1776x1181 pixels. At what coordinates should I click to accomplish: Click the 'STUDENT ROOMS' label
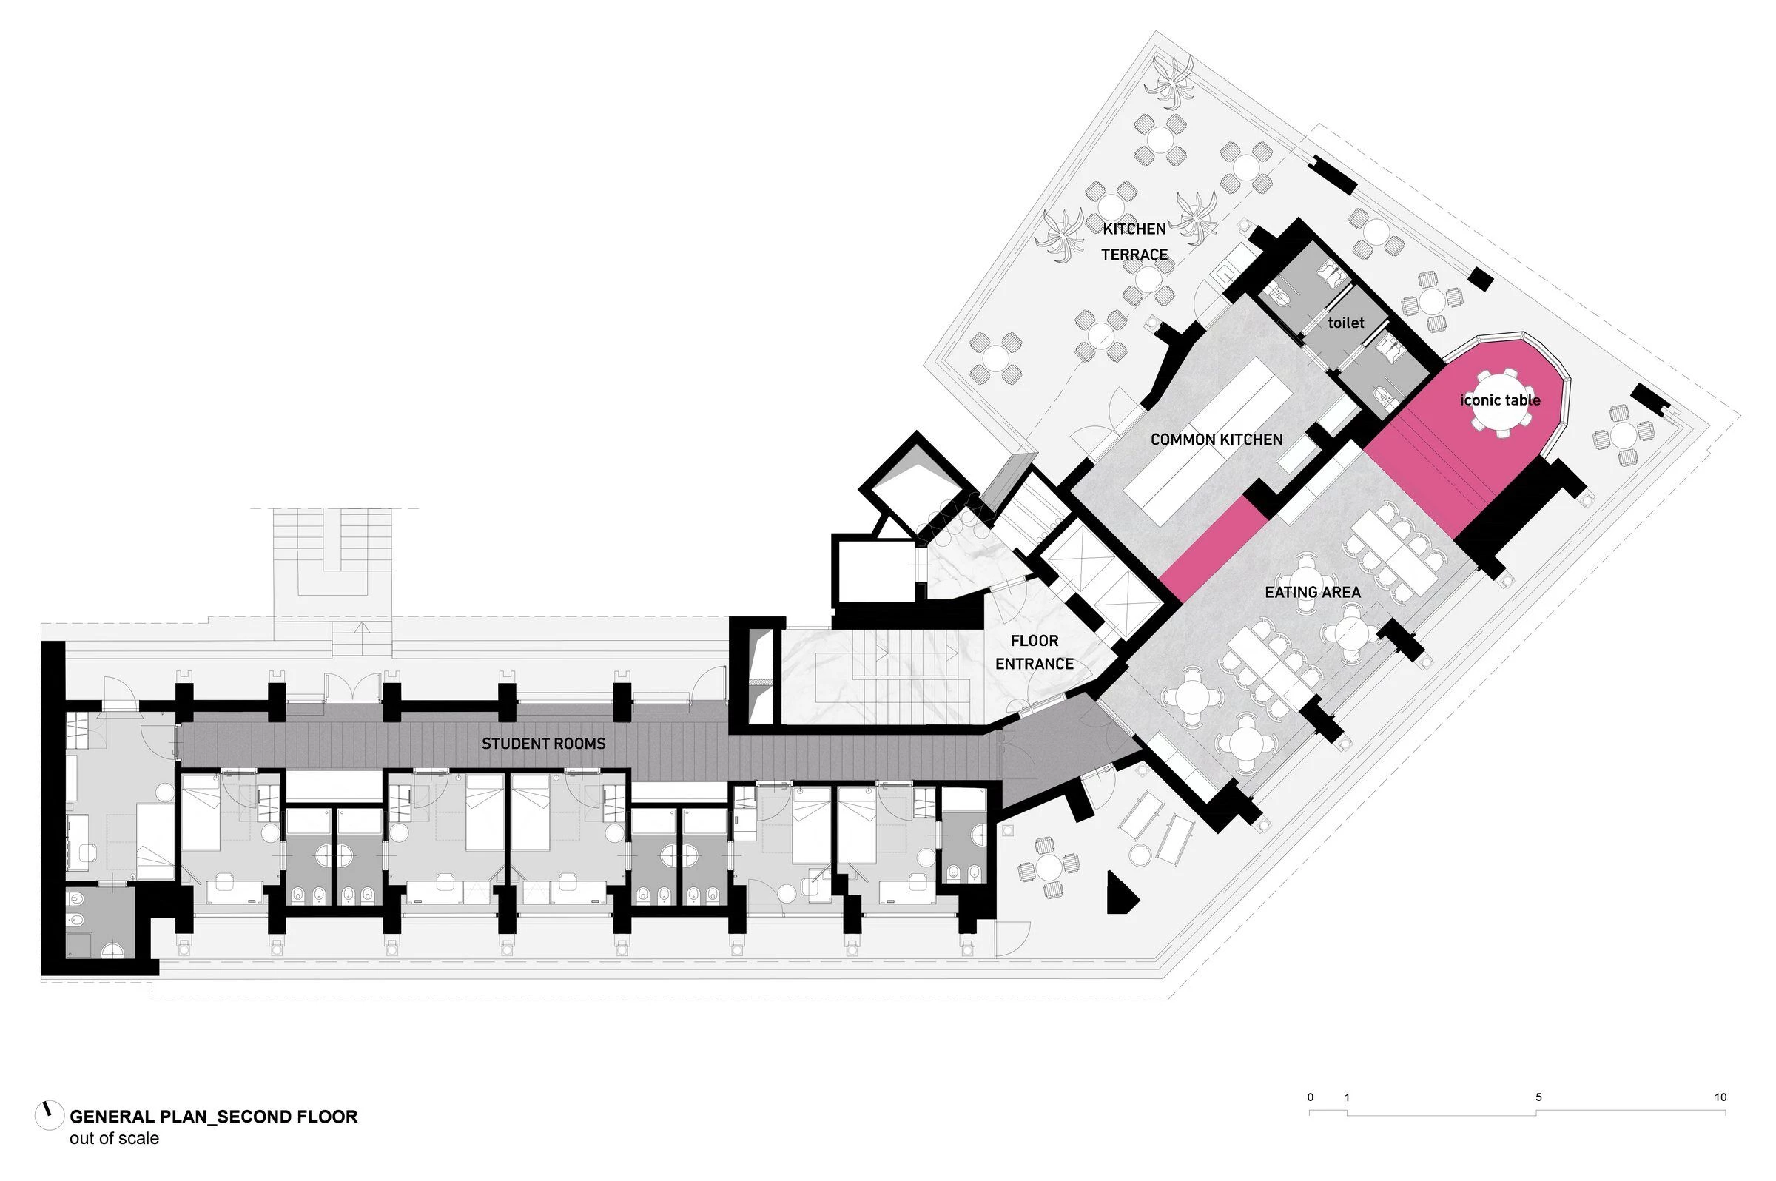point(543,744)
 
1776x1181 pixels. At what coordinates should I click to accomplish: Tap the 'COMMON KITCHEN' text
point(1216,440)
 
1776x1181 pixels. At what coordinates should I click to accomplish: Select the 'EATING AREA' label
point(1312,593)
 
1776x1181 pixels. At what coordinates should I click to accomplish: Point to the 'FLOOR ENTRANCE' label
point(1034,652)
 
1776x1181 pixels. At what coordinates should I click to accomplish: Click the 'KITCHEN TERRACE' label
point(1134,242)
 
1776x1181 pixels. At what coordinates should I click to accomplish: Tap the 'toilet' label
point(1345,323)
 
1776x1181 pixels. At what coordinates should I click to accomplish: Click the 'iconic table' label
point(1499,401)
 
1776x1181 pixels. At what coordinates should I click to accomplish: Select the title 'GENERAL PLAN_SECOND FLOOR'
point(213,1116)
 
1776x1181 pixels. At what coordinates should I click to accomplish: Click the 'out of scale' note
point(115,1138)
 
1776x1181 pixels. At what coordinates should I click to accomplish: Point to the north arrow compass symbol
point(49,1115)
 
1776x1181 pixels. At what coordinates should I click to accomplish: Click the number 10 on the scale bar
point(1720,1097)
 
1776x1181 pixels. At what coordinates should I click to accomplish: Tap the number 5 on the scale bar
point(1538,1097)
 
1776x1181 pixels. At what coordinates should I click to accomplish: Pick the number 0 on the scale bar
point(1310,1097)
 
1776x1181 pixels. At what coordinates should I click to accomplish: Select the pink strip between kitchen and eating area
point(1214,550)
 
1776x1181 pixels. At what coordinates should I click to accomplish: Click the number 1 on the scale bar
point(1347,1097)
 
